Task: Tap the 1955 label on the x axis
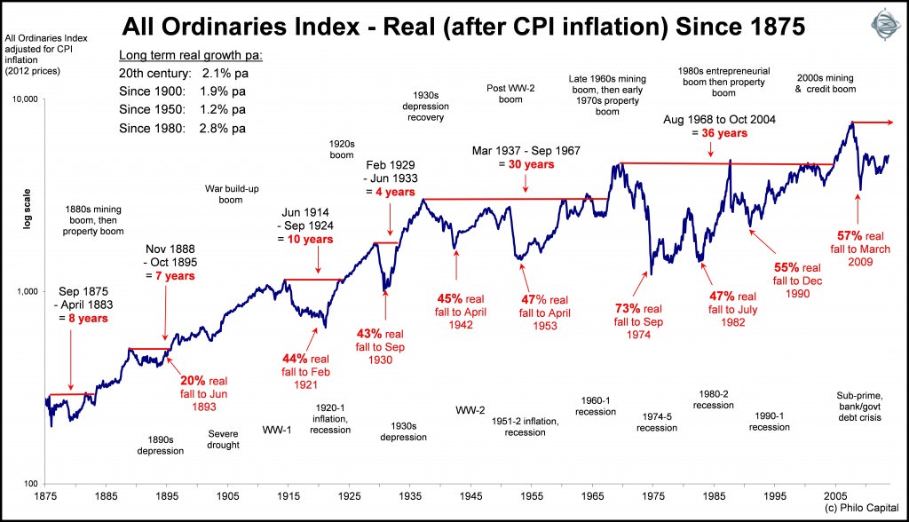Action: (533, 497)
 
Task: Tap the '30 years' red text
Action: (530, 165)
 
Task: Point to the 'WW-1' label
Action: (278, 430)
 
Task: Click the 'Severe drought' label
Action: (224, 439)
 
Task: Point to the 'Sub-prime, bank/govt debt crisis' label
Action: (858, 406)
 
